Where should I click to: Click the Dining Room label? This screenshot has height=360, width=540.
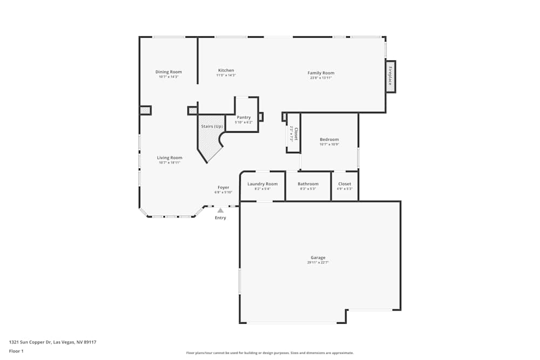[x=168, y=72]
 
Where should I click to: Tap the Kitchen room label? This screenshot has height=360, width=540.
[x=226, y=70]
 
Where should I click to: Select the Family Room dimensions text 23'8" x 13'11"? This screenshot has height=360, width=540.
[x=321, y=78]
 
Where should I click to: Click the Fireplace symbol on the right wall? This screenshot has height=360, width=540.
[x=390, y=76]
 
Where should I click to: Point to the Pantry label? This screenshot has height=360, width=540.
[x=244, y=117]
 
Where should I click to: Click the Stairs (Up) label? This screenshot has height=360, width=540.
[x=212, y=126]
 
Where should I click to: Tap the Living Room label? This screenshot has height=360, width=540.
[x=169, y=158]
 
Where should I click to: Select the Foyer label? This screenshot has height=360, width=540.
[x=223, y=187]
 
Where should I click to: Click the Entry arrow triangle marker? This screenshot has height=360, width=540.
[x=220, y=210]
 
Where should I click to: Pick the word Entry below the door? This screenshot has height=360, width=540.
[x=220, y=218]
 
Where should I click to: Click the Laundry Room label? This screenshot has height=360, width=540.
[x=262, y=184]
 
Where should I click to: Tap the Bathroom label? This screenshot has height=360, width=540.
[x=308, y=184]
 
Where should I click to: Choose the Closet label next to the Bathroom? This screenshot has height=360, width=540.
[x=345, y=184]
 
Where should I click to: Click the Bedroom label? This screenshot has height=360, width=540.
[x=329, y=139]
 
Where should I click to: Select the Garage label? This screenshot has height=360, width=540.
[x=318, y=257]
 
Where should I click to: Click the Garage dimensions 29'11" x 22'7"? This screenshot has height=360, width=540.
[x=318, y=262]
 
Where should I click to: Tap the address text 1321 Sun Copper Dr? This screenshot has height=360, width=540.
[x=52, y=342]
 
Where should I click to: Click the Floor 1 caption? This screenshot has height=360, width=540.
[x=16, y=351]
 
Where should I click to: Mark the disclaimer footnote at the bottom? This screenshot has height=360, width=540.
[x=269, y=353]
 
